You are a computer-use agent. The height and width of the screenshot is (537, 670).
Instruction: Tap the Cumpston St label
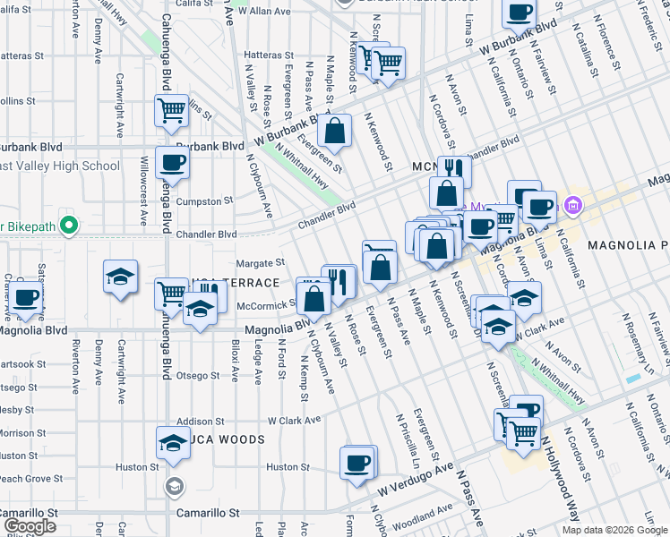click(x=204, y=201)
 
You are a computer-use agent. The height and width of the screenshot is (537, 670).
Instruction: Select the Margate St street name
click(x=259, y=263)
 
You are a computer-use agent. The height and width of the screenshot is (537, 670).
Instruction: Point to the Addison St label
click(x=200, y=421)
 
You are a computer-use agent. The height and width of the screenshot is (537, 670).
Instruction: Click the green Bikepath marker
click(x=66, y=224)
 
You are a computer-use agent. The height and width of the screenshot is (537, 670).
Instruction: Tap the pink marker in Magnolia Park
click(x=572, y=208)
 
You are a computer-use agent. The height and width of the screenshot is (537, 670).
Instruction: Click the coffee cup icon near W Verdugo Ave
click(x=358, y=463)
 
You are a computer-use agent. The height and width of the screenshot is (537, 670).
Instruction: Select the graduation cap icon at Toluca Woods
click(x=174, y=442)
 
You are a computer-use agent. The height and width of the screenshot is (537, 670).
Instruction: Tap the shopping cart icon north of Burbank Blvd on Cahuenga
click(x=171, y=111)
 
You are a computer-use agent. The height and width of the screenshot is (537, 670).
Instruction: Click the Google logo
click(x=30, y=526)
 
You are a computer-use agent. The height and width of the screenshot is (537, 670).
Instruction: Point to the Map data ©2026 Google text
click(x=614, y=530)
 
